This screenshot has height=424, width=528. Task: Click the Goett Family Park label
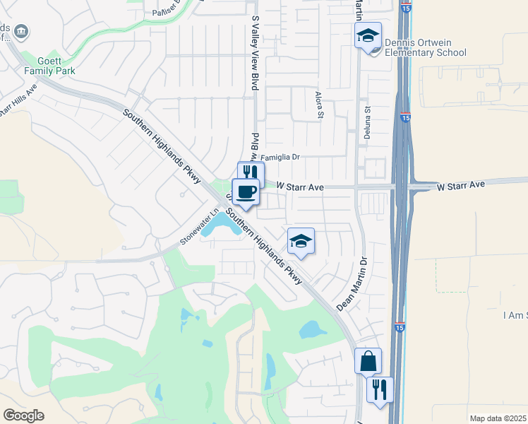pyautogui.click(x=49, y=66)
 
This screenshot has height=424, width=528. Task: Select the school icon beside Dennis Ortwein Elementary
pyautogui.click(x=368, y=35)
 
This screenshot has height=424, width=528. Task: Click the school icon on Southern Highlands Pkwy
pyautogui.click(x=301, y=242)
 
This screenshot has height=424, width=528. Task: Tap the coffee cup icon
pyautogui.click(x=246, y=192)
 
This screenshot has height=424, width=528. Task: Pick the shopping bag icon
pyautogui.click(x=368, y=361)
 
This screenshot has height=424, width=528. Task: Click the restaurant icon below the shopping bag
pyautogui.click(x=380, y=389)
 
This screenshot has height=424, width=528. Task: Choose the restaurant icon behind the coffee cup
pyautogui.click(x=251, y=172)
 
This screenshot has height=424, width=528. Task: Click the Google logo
pyautogui.click(x=24, y=415)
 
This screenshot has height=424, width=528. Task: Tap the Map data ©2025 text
pyautogui.click(x=498, y=418)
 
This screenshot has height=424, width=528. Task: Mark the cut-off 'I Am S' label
pyautogui.click(x=515, y=315)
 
